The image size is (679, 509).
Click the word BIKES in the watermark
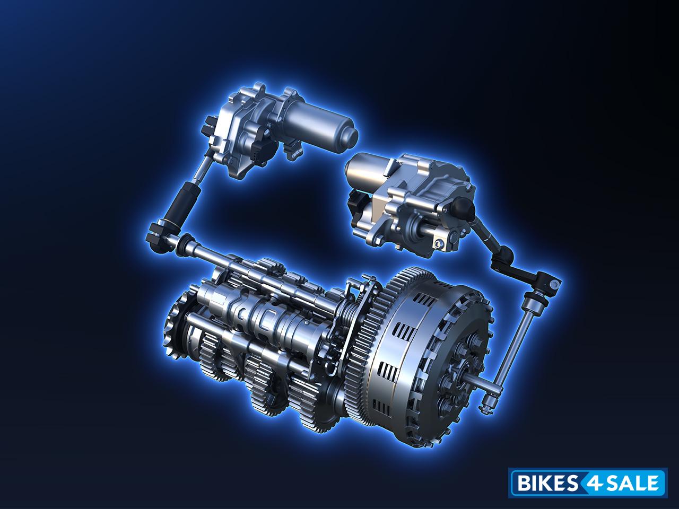(544, 482)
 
